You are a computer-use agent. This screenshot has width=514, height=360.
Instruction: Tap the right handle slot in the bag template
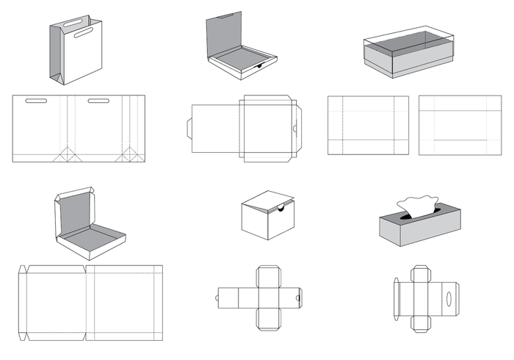99,101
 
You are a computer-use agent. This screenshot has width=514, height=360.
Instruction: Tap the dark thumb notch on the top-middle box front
259,66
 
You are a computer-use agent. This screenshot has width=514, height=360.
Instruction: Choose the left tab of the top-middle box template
187,129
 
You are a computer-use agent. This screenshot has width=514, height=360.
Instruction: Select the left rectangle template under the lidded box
368,125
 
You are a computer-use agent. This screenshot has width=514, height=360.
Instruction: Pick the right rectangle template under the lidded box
460,125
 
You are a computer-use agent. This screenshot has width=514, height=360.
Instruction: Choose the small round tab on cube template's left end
218,298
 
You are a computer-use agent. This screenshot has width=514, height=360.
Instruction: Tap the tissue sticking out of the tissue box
416,206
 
